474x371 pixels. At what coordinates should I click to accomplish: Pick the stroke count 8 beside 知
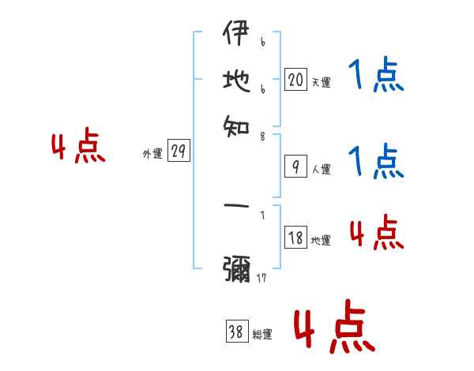click(x=262, y=137)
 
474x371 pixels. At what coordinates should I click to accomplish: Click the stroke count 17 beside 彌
click(x=261, y=279)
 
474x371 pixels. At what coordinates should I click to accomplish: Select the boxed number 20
click(x=295, y=79)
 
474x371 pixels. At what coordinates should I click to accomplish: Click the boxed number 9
click(x=295, y=167)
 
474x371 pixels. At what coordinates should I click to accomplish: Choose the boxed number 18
click(x=295, y=238)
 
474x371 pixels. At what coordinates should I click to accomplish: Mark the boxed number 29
click(x=179, y=152)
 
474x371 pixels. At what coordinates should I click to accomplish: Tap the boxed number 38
click(x=236, y=332)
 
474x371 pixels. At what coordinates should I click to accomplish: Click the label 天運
click(x=321, y=82)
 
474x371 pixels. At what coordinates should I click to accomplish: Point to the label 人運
click(x=321, y=169)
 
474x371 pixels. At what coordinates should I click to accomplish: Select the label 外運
click(x=152, y=155)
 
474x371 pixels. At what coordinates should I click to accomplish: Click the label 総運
click(x=262, y=335)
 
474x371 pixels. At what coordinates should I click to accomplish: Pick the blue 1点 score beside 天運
click(x=376, y=77)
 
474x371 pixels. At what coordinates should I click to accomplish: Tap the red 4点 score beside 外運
click(x=78, y=148)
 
